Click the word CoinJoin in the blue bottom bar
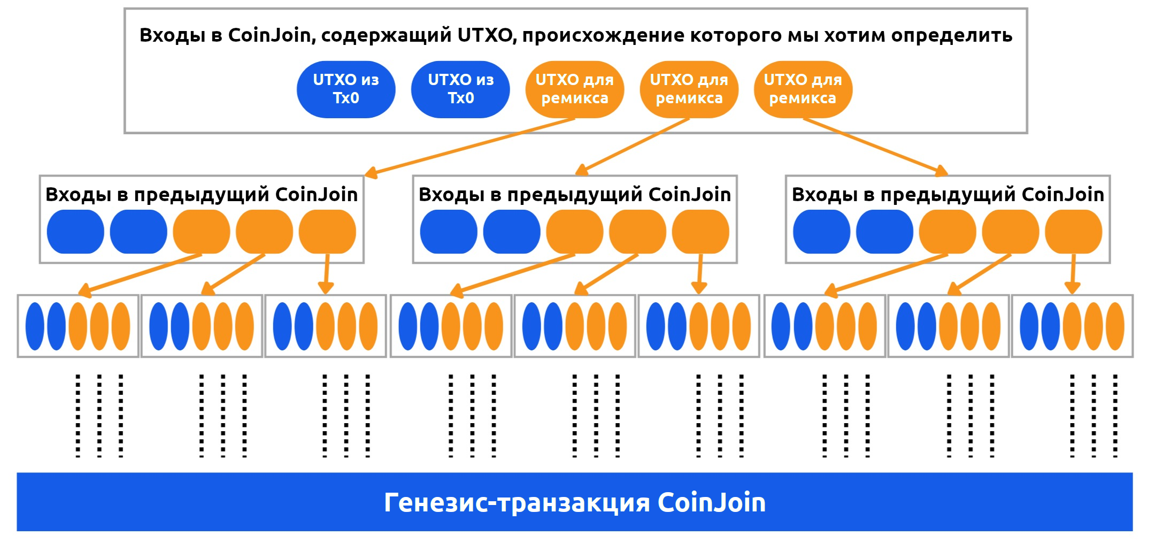coord(711,503)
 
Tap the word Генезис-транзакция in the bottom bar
coord(517,503)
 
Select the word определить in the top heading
coord(951,35)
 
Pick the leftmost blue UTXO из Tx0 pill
coord(346,89)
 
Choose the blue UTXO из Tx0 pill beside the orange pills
coord(460,89)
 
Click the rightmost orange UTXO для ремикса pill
coord(803,89)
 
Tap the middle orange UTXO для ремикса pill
coord(689,89)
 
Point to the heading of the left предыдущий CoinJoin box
coord(202,194)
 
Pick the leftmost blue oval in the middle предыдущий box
coord(449,232)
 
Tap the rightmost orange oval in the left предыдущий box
coord(327,232)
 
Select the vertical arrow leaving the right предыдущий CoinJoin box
coord(1072,273)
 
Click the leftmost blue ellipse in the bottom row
coord(35,326)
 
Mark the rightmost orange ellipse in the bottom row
coord(1115,326)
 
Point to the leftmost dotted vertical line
coord(78,416)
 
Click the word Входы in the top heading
coord(172,35)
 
